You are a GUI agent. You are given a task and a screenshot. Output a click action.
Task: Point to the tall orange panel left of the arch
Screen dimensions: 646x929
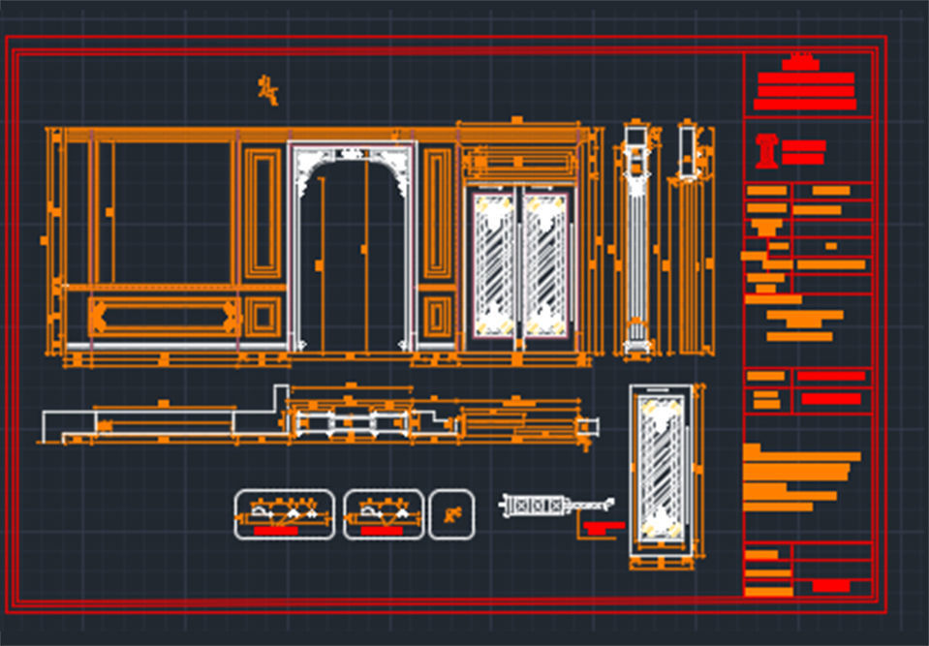(262, 213)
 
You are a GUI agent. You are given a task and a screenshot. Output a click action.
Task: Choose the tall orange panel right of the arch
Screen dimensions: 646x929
(438, 213)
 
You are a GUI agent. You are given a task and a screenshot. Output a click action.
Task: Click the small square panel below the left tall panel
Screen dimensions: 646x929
(262, 317)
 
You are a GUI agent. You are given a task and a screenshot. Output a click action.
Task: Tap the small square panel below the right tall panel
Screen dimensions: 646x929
(438, 317)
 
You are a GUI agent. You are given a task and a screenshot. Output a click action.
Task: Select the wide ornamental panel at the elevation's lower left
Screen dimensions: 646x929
(163, 316)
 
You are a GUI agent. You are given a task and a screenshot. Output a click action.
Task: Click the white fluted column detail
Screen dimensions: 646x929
(635, 242)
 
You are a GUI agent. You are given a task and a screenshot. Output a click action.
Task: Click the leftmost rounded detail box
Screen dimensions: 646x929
(284, 514)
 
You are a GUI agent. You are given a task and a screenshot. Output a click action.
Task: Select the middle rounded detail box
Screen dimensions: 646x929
(384, 514)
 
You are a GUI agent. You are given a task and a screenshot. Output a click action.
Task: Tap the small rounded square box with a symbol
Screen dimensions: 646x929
(451, 514)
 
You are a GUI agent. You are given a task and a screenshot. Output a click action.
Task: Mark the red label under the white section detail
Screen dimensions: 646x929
(603, 528)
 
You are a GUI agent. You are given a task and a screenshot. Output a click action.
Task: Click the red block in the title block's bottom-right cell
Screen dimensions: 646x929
(830, 586)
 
